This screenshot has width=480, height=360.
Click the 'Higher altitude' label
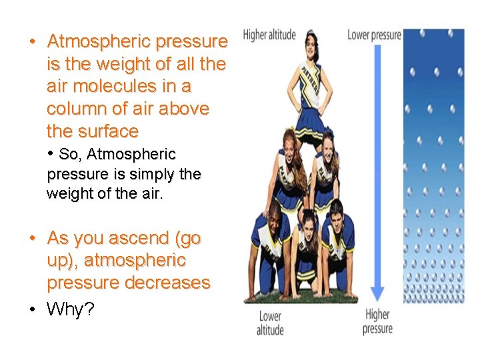269,35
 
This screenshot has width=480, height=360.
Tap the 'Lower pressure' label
374,34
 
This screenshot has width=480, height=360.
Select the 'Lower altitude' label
270,323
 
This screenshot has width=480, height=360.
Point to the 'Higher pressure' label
377,321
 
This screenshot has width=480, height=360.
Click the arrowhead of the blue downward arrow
377,294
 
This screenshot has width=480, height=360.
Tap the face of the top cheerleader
311,44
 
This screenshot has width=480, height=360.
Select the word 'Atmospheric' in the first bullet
99,42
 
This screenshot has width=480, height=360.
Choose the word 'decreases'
171,283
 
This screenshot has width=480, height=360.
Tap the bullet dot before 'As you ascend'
32,238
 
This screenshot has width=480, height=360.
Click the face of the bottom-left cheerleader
275,215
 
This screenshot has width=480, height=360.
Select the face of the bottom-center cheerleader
308,222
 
